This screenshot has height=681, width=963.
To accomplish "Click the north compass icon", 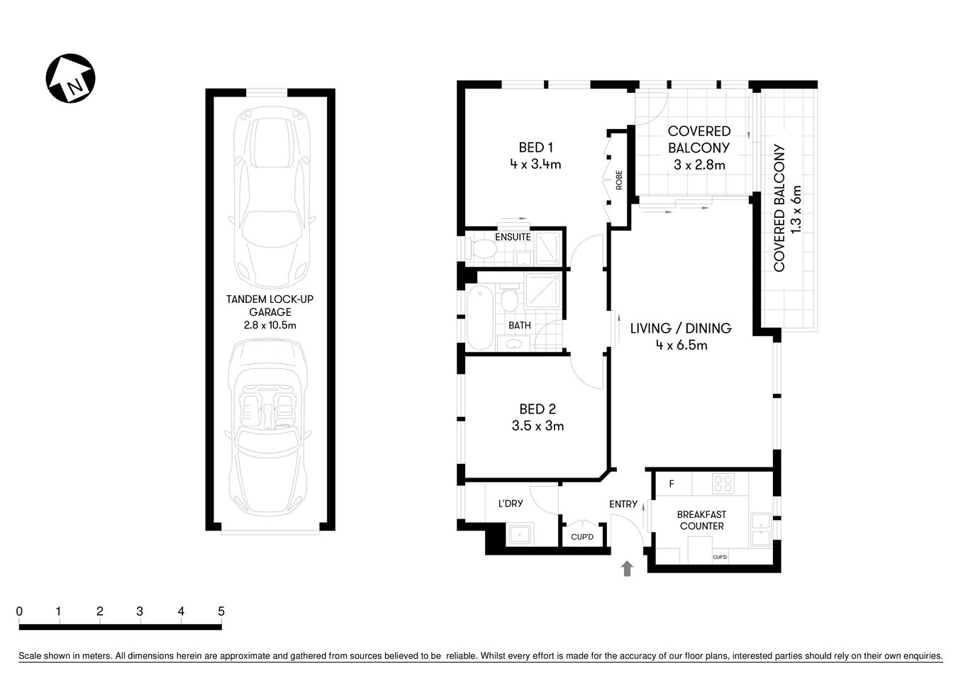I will (x=70, y=78).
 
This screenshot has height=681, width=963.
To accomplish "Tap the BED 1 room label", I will (x=535, y=148).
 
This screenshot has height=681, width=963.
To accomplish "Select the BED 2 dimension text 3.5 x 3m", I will (x=538, y=426).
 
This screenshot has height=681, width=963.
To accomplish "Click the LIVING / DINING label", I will (x=681, y=328).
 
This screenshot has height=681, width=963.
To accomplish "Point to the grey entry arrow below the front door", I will (x=627, y=568).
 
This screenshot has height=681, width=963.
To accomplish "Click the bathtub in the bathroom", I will (x=480, y=317).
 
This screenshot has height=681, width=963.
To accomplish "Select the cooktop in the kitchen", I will (x=723, y=484).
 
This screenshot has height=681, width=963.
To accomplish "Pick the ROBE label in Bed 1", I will (x=619, y=179).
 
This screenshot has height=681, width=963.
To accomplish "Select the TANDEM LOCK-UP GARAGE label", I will (x=269, y=306).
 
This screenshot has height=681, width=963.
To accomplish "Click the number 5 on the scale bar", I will (x=221, y=611).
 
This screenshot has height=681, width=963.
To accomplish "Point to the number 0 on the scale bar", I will (x=20, y=611).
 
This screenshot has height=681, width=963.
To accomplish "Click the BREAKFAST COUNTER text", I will (x=701, y=520).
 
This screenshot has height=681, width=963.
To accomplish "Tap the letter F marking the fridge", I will (x=671, y=485).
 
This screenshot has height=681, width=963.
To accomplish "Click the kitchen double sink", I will (x=760, y=529).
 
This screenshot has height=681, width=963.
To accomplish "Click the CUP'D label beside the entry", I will (x=581, y=537).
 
